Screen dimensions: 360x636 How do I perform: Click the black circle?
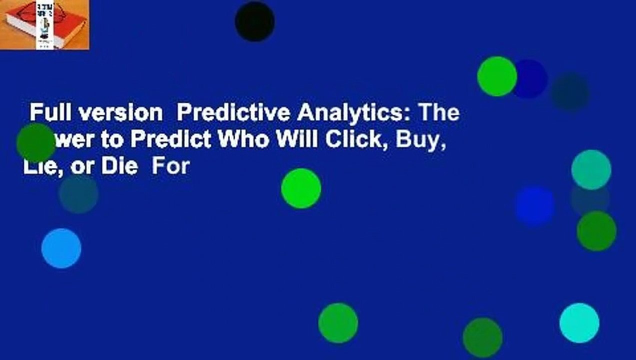pos(254,21)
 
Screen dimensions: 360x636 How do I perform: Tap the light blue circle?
pos(61,248)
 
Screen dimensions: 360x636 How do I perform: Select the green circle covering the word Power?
pos(35,143)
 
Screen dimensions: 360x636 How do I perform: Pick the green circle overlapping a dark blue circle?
pos(496,76)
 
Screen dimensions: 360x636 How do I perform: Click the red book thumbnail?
pos(44,24)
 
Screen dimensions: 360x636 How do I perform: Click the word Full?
pos(47,114)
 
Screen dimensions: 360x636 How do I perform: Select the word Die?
pos(118,166)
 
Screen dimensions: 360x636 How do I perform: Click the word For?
pos(170,166)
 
